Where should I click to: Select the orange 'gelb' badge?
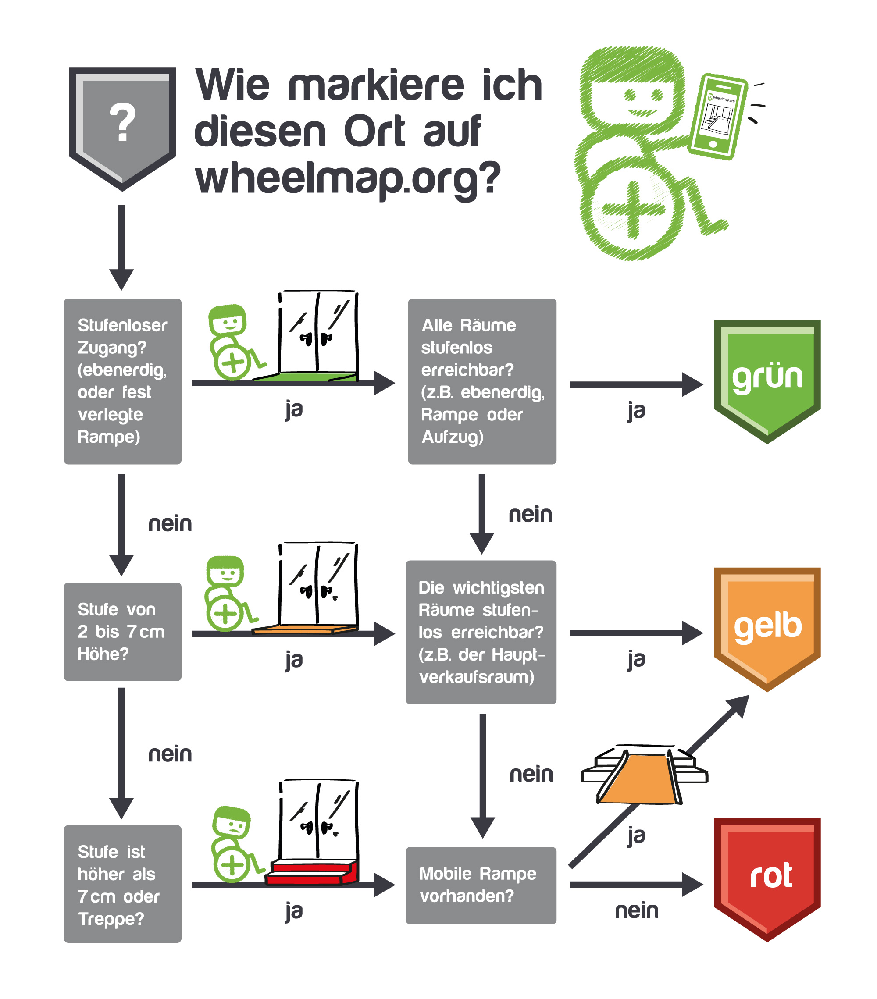pyautogui.click(x=766, y=629)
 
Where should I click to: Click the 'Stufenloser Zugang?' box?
pyautogui.click(x=122, y=381)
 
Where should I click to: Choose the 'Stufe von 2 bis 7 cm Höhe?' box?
pyautogui.click(x=122, y=632)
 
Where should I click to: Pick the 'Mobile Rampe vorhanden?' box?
pyautogui.click(x=481, y=885)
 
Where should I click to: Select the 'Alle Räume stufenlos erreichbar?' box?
pyautogui.click(x=482, y=381)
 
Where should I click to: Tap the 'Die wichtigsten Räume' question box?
pyautogui.click(x=481, y=632)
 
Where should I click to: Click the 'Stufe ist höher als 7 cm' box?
pyautogui.click(x=122, y=884)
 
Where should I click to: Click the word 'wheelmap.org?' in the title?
pyautogui.click(x=348, y=178)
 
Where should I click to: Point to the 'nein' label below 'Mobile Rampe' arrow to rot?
pyautogui.click(x=637, y=910)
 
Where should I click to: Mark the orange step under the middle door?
pyautogui.click(x=305, y=629)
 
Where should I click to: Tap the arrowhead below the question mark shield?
pyautogui.click(x=121, y=280)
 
